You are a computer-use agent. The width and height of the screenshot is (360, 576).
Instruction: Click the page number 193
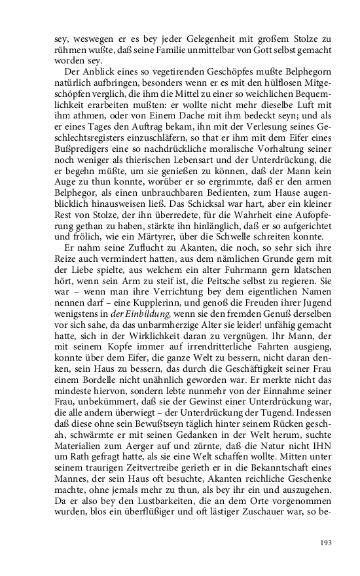pos(325,542)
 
